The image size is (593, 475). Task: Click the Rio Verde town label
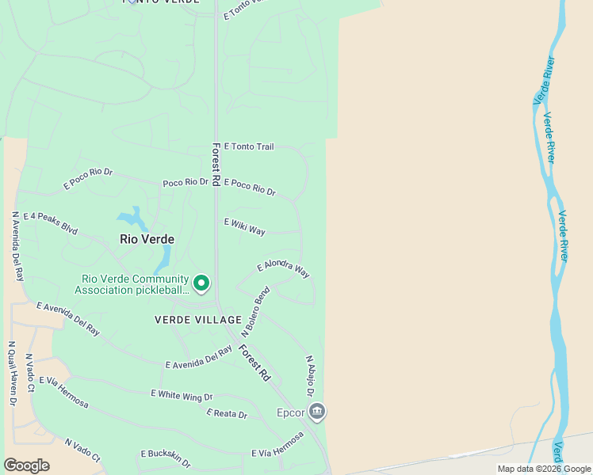[x=147, y=238]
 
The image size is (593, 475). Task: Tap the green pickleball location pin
[x=201, y=283]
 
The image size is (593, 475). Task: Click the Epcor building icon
[x=317, y=412]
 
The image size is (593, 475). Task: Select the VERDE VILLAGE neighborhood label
[x=198, y=320]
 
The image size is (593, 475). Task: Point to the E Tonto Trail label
[x=249, y=146]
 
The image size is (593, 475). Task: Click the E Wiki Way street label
[x=245, y=227]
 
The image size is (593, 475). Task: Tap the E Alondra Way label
[x=283, y=269]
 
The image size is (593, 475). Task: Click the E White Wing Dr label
[x=182, y=395]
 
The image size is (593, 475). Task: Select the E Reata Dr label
[x=227, y=414]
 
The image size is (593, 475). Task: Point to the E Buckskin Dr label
[x=166, y=454]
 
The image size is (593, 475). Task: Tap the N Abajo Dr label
[x=310, y=376]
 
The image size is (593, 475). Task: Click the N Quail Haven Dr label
[x=13, y=374]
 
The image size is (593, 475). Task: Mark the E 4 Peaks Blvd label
[x=50, y=223]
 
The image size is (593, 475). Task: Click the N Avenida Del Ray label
[x=17, y=245]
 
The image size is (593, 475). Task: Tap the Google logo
[x=26, y=465]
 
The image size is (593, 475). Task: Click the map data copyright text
[x=544, y=469]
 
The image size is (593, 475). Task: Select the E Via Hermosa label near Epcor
[x=277, y=446]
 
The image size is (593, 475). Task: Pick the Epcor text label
[x=290, y=412]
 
